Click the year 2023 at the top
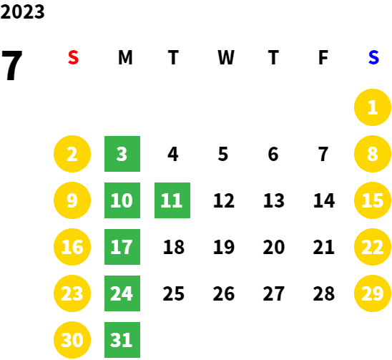pyautogui.click(x=22, y=11)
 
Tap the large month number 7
pyautogui.click(x=11, y=65)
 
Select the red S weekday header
pyautogui.click(x=73, y=57)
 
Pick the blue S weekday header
pyautogui.click(x=373, y=57)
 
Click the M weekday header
pyautogui.click(x=125, y=57)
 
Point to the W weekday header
pyautogui.click(x=226, y=57)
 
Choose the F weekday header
pyautogui.click(x=323, y=57)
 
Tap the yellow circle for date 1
pyautogui.click(x=373, y=107)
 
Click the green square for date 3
pyautogui.click(x=122, y=154)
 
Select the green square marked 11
pyautogui.click(x=172, y=200)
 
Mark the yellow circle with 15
pyautogui.click(x=373, y=200)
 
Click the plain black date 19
pyautogui.click(x=224, y=247)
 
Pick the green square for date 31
pyautogui.click(x=122, y=340)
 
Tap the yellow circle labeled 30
pyautogui.click(x=72, y=340)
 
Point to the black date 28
pyautogui.click(x=324, y=293)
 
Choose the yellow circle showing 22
pyautogui.click(x=373, y=247)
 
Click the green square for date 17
pyautogui.click(x=122, y=247)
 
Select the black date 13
pyautogui.click(x=274, y=200)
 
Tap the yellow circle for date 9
pyautogui.click(x=72, y=200)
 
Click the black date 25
pyautogui.click(x=174, y=293)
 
